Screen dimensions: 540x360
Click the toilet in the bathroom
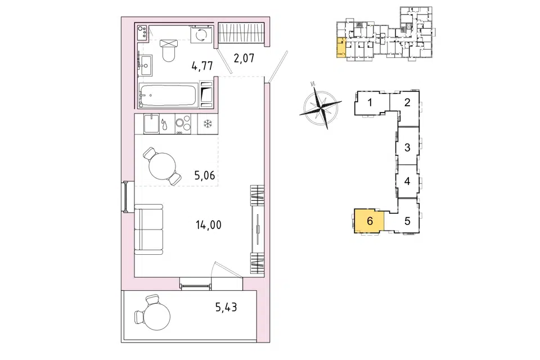(169, 50)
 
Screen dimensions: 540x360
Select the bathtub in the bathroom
(168, 94)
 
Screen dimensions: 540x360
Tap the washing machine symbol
(199, 34)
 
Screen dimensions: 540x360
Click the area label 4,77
(202, 65)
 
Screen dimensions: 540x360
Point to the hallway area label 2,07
(244, 58)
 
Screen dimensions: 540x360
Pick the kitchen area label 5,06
(205, 175)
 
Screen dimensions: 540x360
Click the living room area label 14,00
(208, 226)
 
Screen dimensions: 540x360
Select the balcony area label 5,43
(226, 307)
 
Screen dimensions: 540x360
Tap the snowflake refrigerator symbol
(208, 124)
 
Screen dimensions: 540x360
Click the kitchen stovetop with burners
(182, 124)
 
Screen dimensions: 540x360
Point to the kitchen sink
(151, 124)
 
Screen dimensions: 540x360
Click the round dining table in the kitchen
(162, 166)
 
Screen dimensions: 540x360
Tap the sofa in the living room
(148, 229)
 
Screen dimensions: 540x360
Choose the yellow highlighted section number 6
(370, 221)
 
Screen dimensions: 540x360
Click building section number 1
(370, 102)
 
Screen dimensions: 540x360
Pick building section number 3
(407, 147)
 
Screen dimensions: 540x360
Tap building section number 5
(407, 221)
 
